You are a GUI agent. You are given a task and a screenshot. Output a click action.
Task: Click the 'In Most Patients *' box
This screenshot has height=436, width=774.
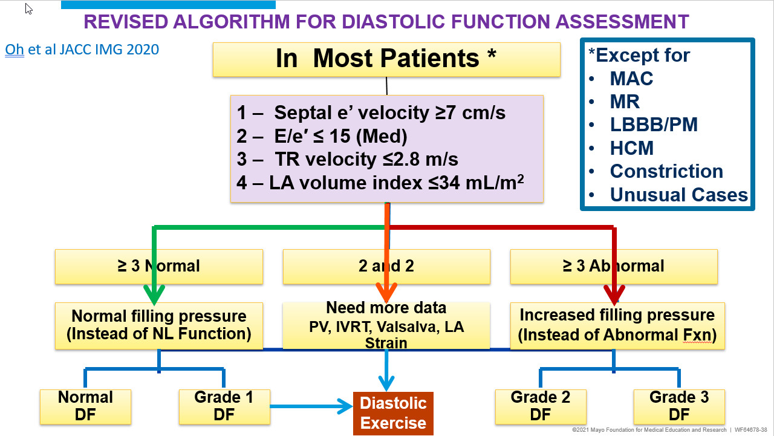pyautogui.click(x=386, y=59)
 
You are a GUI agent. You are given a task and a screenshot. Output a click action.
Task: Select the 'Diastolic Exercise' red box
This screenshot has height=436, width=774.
pyautogui.click(x=393, y=414)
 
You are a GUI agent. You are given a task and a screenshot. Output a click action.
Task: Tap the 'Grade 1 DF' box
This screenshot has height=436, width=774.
pyautogui.click(x=224, y=406)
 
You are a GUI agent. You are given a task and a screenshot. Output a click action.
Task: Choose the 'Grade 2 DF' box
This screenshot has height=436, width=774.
pyautogui.click(x=540, y=406)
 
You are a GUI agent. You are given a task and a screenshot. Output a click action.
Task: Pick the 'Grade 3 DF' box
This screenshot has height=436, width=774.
pyautogui.click(x=679, y=406)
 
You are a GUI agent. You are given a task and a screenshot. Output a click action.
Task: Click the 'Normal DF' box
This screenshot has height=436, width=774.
pyautogui.click(x=85, y=406)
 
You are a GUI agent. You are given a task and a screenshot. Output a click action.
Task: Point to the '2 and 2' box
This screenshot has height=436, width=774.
pyautogui.click(x=386, y=266)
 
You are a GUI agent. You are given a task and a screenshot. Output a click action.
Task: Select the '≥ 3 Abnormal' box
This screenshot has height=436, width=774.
pyautogui.click(x=614, y=266)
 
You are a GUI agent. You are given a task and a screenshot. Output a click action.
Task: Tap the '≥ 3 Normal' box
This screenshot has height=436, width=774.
pyautogui.click(x=159, y=266)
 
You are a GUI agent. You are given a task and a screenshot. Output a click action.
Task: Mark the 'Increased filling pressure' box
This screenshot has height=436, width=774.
pyautogui.click(x=617, y=325)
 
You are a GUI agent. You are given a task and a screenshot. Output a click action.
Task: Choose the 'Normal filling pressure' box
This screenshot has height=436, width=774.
pyautogui.click(x=159, y=325)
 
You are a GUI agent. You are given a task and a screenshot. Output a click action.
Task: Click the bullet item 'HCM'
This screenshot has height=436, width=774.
pyautogui.click(x=631, y=148)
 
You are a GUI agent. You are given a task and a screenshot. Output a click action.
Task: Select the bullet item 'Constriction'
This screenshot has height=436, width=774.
pyautogui.click(x=666, y=171)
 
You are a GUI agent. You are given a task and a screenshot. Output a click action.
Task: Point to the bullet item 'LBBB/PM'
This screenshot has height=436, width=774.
pyautogui.click(x=653, y=125)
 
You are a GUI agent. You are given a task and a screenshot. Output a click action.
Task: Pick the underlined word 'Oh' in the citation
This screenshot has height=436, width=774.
pyautogui.click(x=14, y=49)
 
